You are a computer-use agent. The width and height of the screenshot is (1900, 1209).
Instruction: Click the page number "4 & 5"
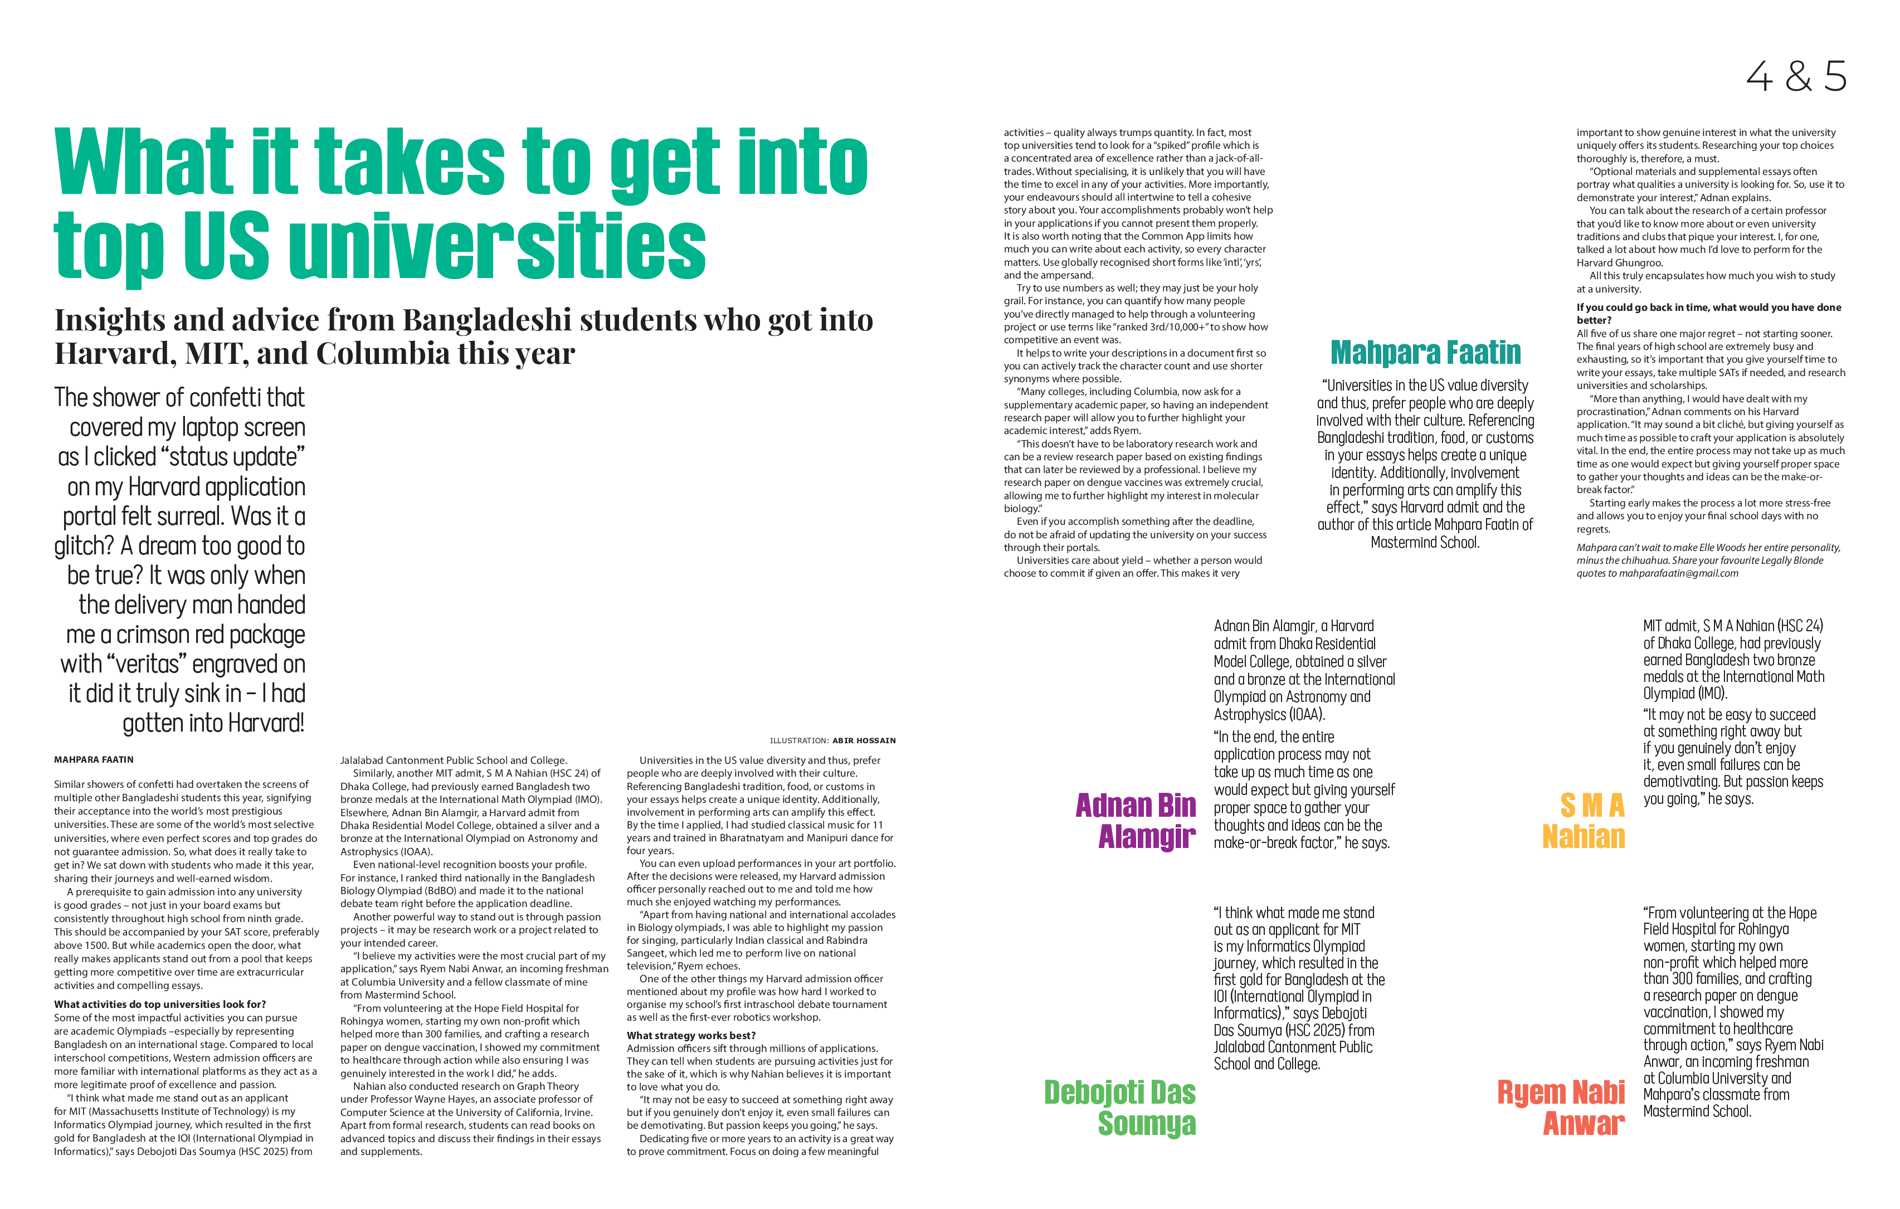(x=1796, y=76)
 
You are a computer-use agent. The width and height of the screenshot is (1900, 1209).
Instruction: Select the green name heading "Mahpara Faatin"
(x=1425, y=353)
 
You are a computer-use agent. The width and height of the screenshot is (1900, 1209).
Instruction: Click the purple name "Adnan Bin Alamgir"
(x=1136, y=821)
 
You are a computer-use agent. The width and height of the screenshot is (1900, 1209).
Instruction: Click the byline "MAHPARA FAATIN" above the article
(x=94, y=760)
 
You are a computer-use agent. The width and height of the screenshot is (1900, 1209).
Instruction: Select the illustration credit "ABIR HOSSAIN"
(x=864, y=741)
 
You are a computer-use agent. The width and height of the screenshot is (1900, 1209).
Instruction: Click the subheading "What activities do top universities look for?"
(x=160, y=1005)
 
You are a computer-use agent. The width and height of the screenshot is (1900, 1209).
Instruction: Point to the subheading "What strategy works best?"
(x=691, y=1035)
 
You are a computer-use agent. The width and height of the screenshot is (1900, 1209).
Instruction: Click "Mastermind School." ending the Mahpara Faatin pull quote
(x=1425, y=542)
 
